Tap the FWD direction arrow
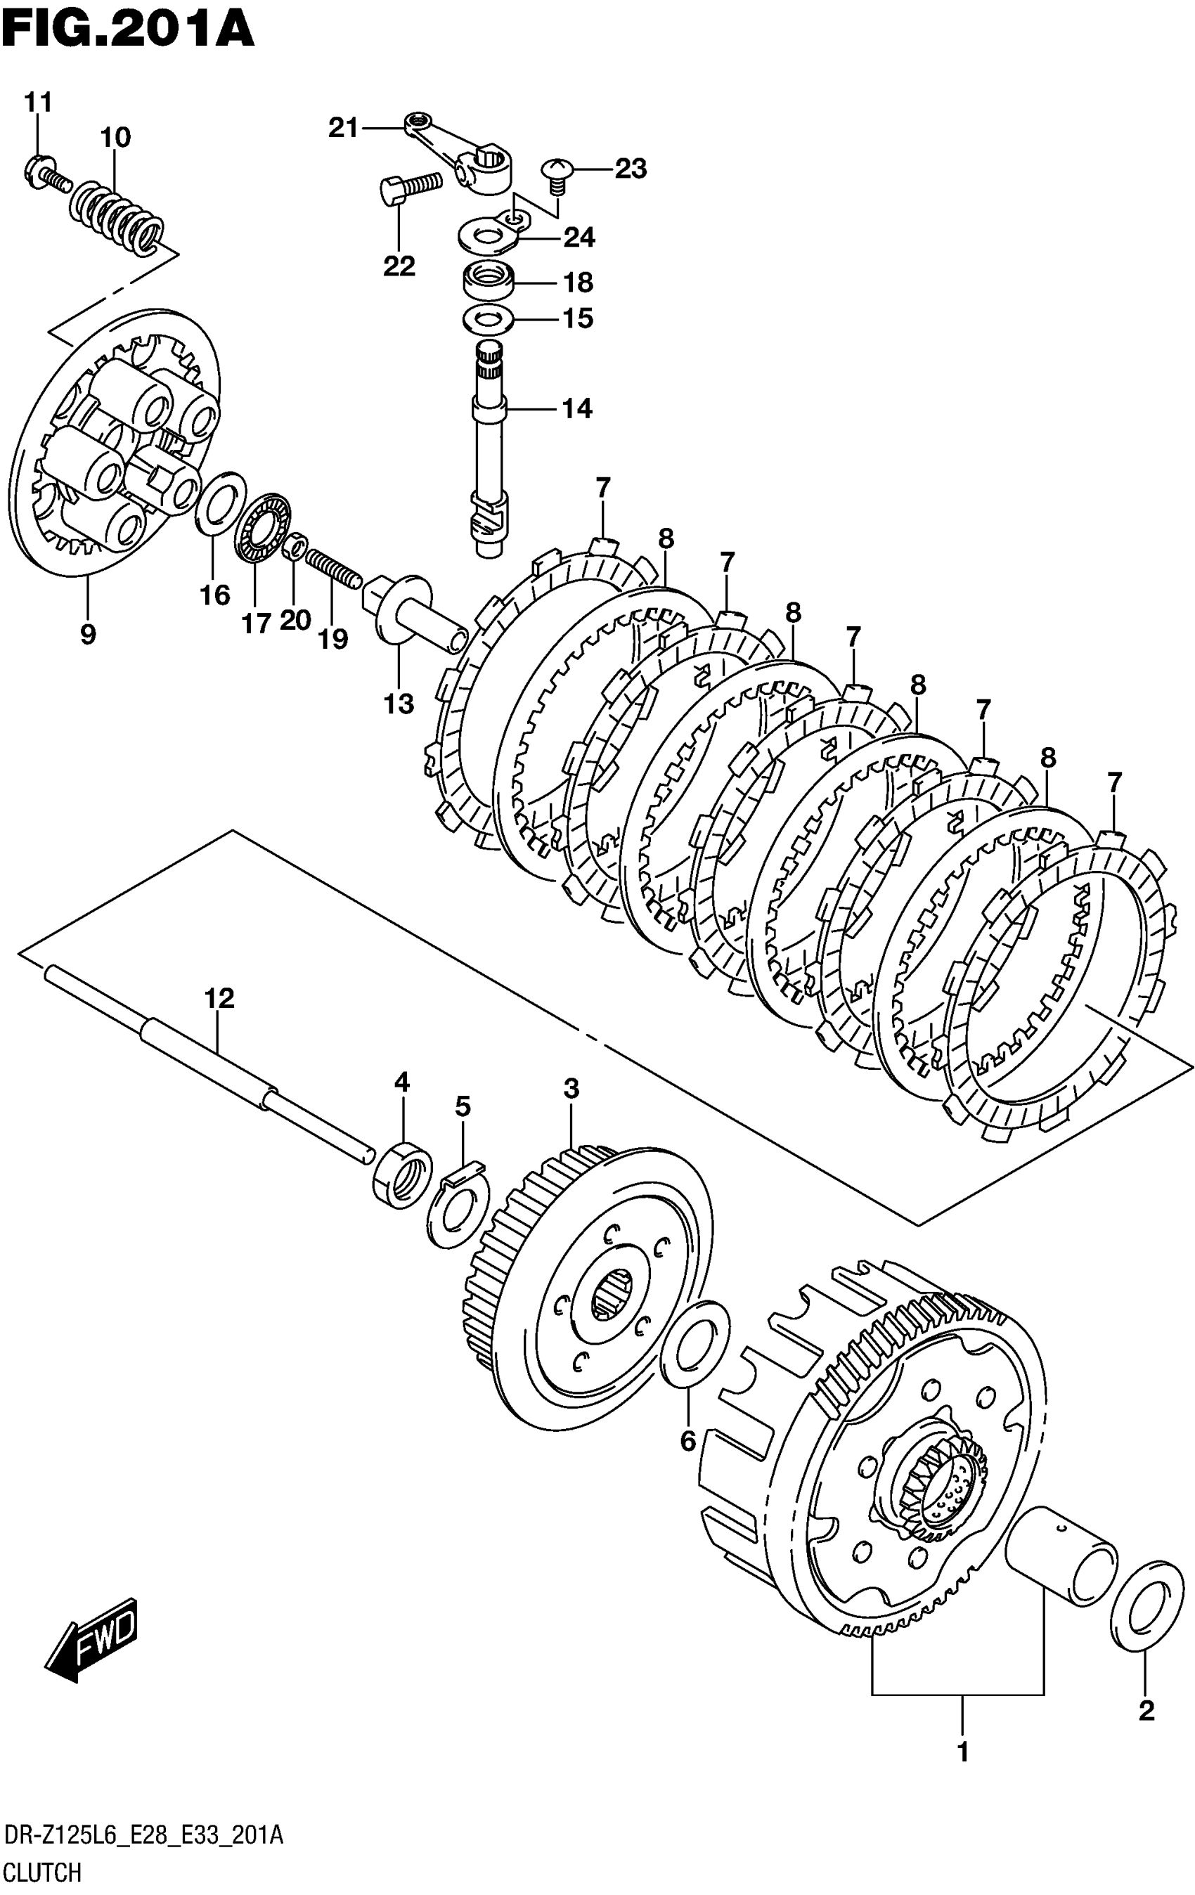pyautogui.click(x=93, y=1639)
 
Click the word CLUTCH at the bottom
pyautogui.click(x=44, y=1873)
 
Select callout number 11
pyautogui.click(x=37, y=103)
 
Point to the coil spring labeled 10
pyautogui.click(x=118, y=212)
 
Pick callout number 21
pyautogui.click(x=342, y=127)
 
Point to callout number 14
pyautogui.click(x=576, y=408)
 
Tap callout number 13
pyautogui.click(x=399, y=704)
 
